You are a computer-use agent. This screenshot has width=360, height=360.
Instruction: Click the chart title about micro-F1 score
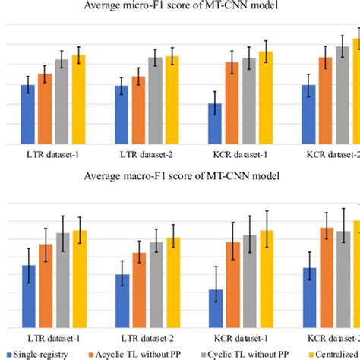pos(180,8)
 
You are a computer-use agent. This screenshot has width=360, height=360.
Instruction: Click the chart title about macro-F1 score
pos(180,175)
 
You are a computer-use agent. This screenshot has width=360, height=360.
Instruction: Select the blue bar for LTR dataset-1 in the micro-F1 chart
pos(27,114)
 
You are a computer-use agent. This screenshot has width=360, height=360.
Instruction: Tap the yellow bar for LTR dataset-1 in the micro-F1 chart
pos(78,99)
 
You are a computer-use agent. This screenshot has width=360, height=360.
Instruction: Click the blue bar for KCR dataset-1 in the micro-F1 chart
pos(216,124)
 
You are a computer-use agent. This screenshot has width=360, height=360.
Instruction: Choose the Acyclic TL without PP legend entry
pos(137,354)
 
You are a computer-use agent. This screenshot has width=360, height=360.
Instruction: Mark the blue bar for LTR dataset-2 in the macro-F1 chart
pos(122,299)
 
